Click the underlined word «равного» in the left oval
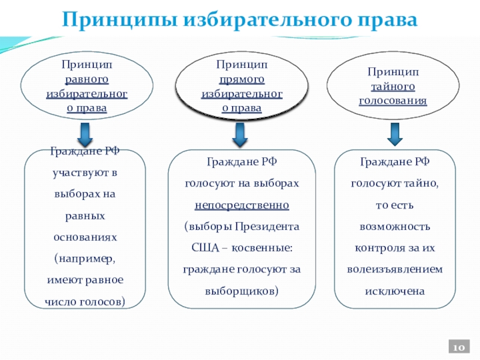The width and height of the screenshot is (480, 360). pyautogui.click(x=86, y=79)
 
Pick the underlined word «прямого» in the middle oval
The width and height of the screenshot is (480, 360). pyautogui.click(x=242, y=79)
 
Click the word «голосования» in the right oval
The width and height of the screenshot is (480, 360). pyautogui.click(x=394, y=100)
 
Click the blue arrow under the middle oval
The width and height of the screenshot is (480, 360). pyautogui.click(x=240, y=136)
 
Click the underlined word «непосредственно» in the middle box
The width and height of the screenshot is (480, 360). pyautogui.click(x=242, y=206)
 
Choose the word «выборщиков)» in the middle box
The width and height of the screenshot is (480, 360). pyautogui.click(x=242, y=291)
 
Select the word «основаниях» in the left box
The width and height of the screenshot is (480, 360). pyautogui.click(x=85, y=237)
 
